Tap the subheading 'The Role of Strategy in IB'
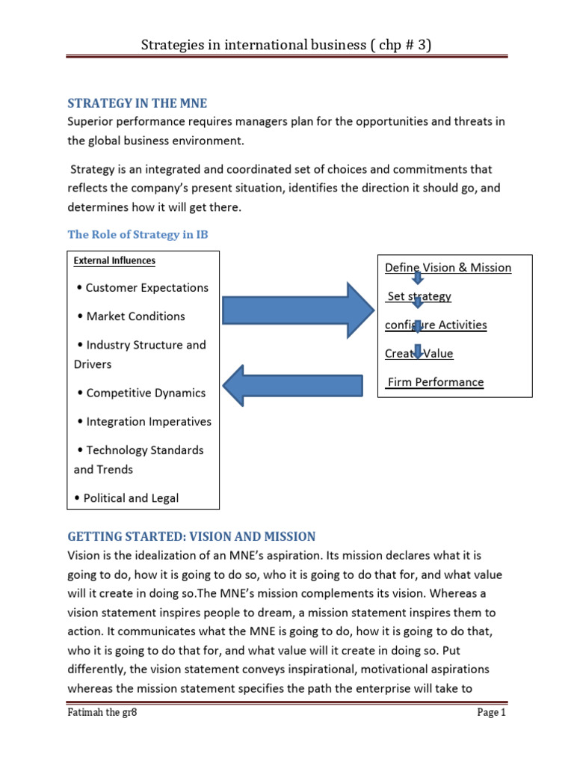[x=138, y=234]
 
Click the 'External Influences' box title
[x=114, y=261]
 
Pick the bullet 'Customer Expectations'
[x=143, y=287]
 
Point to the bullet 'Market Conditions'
[x=131, y=316]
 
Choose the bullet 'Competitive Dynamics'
[x=141, y=393]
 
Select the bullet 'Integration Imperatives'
[x=144, y=421]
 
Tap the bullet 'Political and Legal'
[x=127, y=497]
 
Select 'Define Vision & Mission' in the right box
[x=448, y=268]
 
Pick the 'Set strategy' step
[x=419, y=296]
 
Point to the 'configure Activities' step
[x=436, y=325]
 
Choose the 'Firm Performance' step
[x=435, y=382]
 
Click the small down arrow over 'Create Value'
[x=419, y=352]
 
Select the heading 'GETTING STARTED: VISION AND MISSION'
[x=191, y=536]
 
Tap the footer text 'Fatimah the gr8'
[x=102, y=734]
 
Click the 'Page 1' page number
[x=492, y=734]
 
